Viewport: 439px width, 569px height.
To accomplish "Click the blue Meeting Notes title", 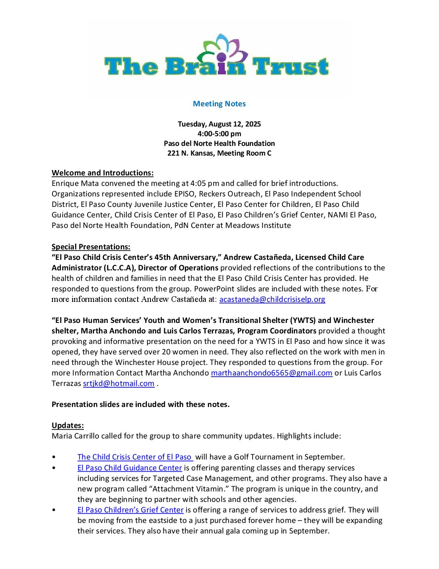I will click(219, 104).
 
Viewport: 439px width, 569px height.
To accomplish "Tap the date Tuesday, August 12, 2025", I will click(219, 124).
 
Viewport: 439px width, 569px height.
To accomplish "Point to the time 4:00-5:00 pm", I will click(219, 134).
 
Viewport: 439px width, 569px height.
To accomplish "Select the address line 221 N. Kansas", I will click(219, 153).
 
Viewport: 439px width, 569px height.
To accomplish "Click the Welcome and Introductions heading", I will click(102, 173).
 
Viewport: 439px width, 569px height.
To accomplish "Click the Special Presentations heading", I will click(91, 247).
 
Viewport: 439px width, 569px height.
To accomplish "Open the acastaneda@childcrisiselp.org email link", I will click(272, 299).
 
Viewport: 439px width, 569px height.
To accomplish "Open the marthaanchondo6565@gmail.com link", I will click(272, 373).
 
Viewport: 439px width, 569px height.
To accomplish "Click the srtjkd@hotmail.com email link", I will click(119, 384).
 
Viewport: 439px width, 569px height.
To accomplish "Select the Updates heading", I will click(68, 426).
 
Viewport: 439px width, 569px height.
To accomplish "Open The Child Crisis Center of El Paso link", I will click(135, 457).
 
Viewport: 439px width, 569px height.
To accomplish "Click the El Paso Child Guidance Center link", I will click(130, 468).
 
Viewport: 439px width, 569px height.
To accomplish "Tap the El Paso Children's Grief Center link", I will click(130, 510).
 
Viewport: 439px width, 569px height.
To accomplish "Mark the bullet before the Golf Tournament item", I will click(54, 457).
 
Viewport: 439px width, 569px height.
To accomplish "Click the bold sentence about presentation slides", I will click(140, 405).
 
